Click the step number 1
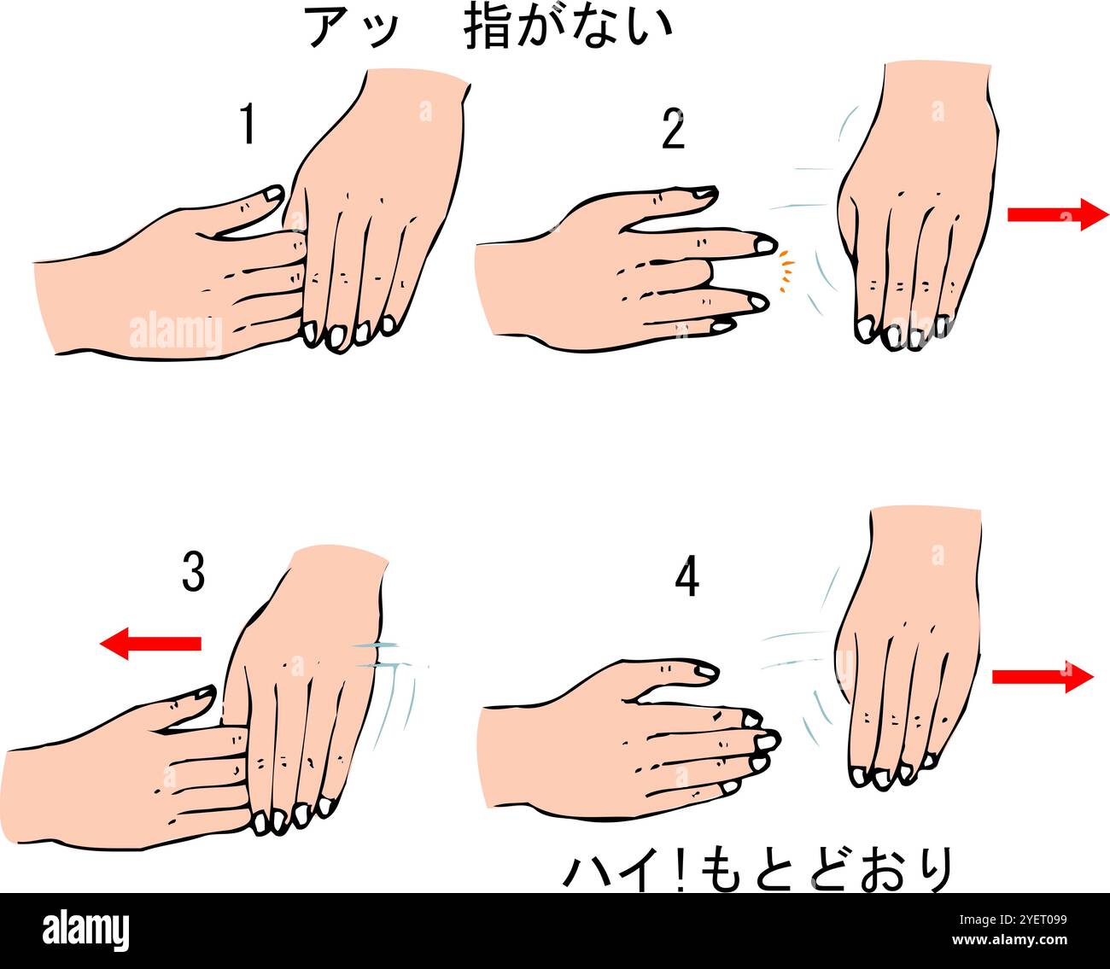pyautogui.click(x=248, y=124)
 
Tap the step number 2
pyautogui.click(x=674, y=129)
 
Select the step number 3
pyautogui.click(x=193, y=571)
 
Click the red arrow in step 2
pyautogui.click(x=1058, y=215)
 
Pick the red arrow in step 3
pyautogui.click(x=150, y=644)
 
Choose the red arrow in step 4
pyautogui.click(x=1043, y=677)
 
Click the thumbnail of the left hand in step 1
pyautogui.click(x=273, y=194)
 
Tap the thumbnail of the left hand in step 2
pyautogui.click(x=706, y=191)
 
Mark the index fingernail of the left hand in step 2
pyautogui.click(x=765, y=247)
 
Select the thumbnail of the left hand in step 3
pyautogui.click(x=205, y=693)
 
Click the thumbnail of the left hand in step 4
pyautogui.click(x=707, y=671)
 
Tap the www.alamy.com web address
pyautogui.click(x=1009, y=940)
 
